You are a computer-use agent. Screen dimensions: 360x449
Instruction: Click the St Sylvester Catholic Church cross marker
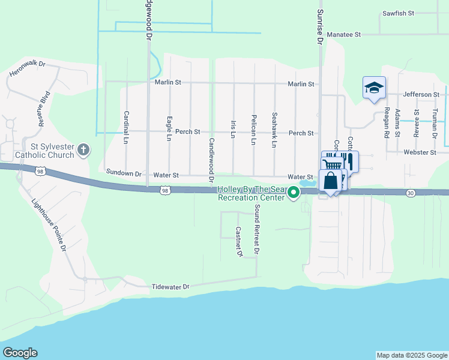click(x=83, y=149)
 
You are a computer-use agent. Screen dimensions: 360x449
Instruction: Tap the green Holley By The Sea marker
click(x=294, y=193)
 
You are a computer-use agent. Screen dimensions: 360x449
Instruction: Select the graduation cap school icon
click(x=374, y=88)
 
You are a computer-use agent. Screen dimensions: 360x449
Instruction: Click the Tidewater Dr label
click(x=170, y=287)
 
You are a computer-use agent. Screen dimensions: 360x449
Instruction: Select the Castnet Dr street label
click(x=238, y=242)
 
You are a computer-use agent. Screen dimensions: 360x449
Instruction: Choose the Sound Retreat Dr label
click(x=256, y=230)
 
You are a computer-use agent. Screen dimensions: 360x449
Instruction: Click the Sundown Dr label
click(x=124, y=173)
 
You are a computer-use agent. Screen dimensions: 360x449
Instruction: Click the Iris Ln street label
click(x=233, y=128)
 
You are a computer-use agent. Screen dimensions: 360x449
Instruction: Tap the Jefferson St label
click(x=421, y=94)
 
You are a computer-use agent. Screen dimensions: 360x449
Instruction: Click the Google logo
click(x=20, y=353)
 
